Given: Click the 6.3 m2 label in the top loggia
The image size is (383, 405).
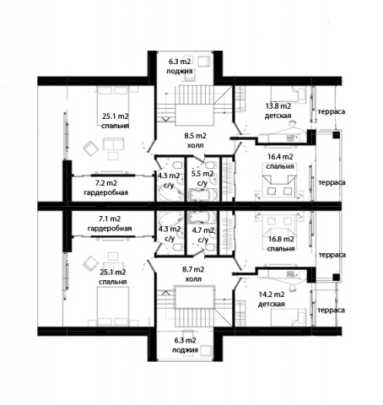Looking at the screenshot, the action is click(x=180, y=62).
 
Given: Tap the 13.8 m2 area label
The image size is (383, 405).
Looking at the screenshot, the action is click(x=278, y=106).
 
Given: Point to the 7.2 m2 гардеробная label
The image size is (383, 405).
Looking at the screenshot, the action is click(x=106, y=188).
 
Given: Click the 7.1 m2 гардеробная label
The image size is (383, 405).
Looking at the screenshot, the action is click(x=110, y=224).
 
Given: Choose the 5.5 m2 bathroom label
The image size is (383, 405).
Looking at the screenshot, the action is click(x=202, y=178).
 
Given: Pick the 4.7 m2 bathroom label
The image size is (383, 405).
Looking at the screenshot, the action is click(x=203, y=235).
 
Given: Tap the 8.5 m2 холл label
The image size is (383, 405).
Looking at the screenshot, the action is click(x=196, y=141).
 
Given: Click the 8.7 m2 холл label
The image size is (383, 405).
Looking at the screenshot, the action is click(x=193, y=274).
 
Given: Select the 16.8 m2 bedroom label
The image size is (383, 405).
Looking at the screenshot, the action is click(x=281, y=244).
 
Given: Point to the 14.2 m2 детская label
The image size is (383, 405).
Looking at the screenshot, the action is click(x=272, y=300).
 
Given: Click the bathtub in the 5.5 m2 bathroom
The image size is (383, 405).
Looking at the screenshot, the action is click(x=202, y=195).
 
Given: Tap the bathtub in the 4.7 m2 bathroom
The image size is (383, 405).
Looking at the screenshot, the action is click(x=202, y=217).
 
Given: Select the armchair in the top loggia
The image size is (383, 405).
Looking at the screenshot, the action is click(x=204, y=62).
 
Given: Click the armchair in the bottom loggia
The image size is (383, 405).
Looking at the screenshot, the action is click(x=206, y=350).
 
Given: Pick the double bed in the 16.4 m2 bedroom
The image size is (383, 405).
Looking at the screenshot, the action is click(x=280, y=186).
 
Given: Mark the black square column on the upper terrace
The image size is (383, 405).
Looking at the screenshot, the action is click(x=336, y=135).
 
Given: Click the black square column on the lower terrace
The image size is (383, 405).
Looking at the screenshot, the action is click(x=336, y=278).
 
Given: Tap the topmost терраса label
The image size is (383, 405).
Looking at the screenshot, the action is click(x=332, y=111).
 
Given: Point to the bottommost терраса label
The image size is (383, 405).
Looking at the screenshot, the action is click(x=332, y=310).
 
